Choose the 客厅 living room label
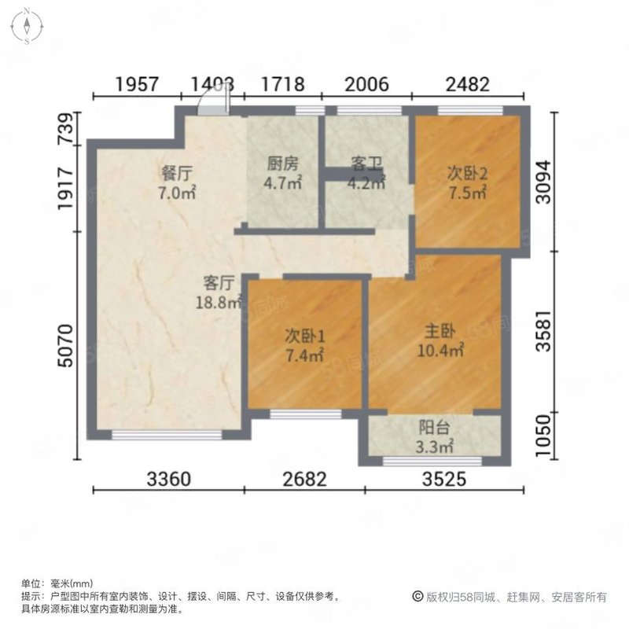(x=219, y=281)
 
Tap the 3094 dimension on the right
(x=543, y=182)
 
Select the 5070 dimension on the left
(x=68, y=346)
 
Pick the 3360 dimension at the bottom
(x=168, y=478)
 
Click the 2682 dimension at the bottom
(x=305, y=478)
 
